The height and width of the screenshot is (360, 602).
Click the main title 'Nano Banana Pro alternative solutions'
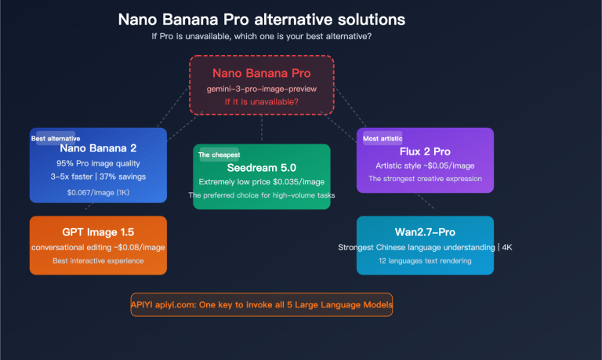tap(263, 19)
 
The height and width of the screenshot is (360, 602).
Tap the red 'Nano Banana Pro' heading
tap(262, 73)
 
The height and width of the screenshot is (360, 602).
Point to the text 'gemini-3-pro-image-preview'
tap(262, 89)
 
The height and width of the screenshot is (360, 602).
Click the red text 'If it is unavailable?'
tap(262, 102)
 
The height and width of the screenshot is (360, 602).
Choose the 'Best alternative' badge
tap(55, 138)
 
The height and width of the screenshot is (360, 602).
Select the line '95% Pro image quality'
tap(98, 163)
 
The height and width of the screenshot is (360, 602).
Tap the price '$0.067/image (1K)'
tap(98, 191)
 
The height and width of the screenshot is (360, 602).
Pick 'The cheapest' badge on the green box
tap(220, 155)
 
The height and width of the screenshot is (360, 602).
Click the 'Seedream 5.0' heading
tap(262, 166)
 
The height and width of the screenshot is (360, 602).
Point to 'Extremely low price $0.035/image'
tap(262, 181)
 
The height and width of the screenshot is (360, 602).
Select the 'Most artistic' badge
tap(383, 138)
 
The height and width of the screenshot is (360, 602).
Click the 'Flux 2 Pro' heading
tap(425, 151)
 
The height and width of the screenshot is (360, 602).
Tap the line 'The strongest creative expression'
tap(425, 179)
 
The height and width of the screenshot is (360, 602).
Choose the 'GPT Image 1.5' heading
tap(98, 233)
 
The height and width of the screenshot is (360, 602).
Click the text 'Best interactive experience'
tap(98, 260)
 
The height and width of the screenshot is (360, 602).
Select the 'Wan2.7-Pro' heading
tap(425, 234)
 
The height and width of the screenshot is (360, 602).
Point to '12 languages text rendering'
tap(425, 260)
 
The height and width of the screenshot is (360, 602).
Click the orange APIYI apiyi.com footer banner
tap(262, 304)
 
